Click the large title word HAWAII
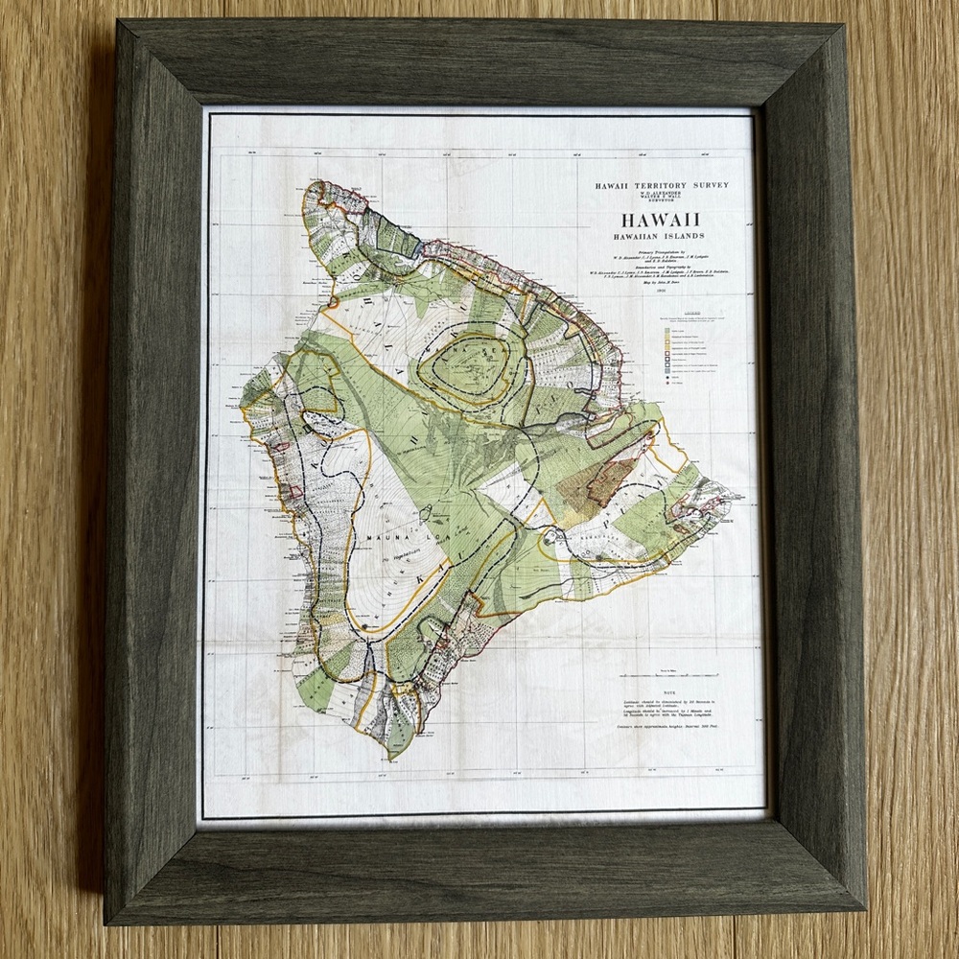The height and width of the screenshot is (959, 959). tap(661, 219)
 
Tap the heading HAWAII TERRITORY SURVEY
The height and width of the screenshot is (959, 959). tap(661, 184)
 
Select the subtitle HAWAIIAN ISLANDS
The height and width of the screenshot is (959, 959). tap(661, 236)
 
